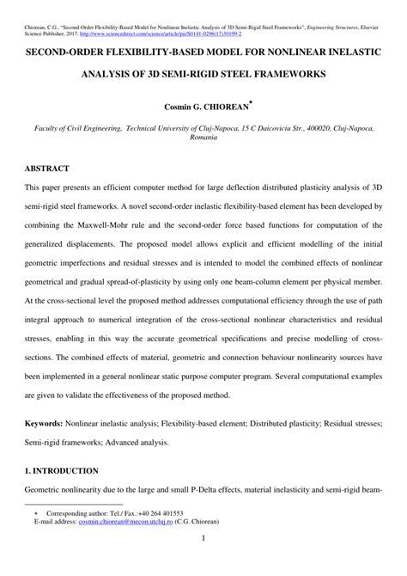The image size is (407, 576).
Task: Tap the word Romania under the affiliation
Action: pos(203,137)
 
